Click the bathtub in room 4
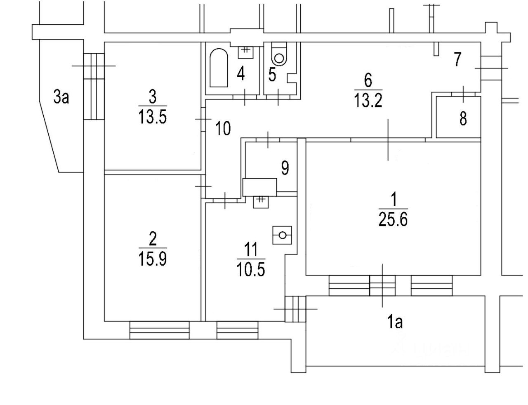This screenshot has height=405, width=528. [x=219, y=68]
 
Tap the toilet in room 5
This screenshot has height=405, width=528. [x=279, y=54]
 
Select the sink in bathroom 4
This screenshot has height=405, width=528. [x=245, y=52]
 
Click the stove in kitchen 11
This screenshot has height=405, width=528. [x=282, y=235]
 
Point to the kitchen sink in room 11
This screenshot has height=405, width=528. [x=261, y=202]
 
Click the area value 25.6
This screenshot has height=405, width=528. [x=393, y=219]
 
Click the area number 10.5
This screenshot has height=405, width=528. [x=251, y=270]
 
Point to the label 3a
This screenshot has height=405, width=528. [x=61, y=97]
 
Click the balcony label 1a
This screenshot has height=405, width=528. [x=395, y=322]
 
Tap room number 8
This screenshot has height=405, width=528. [x=463, y=119]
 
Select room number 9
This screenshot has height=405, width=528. [x=285, y=168]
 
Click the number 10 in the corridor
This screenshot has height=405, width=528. [x=223, y=129]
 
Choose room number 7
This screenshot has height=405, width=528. [x=457, y=59]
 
